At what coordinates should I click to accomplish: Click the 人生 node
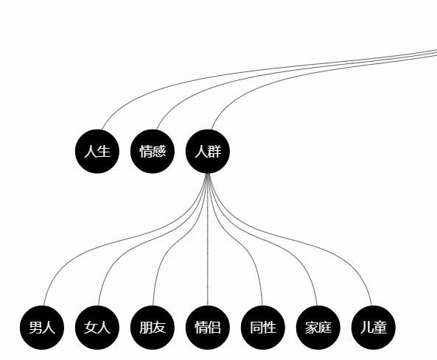point(97,151)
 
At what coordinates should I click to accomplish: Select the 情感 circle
point(152,151)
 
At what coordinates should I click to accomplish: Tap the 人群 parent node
point(208,151)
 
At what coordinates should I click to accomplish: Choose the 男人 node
point(42,328)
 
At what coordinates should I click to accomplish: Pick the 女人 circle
point(97,328)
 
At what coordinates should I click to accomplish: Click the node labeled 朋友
point(152,328)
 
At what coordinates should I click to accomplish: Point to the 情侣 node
point(208,328)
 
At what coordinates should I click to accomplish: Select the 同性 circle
point(263,328)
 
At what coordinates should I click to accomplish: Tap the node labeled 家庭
point(318,328)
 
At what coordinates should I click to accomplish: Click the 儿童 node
point(374,328)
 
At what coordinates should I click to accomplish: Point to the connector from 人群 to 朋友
point(180,239)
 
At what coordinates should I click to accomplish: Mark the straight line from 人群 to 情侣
point(208,239)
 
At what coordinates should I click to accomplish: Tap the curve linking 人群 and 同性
point(235,239)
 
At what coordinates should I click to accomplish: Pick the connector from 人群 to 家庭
point(261,239)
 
